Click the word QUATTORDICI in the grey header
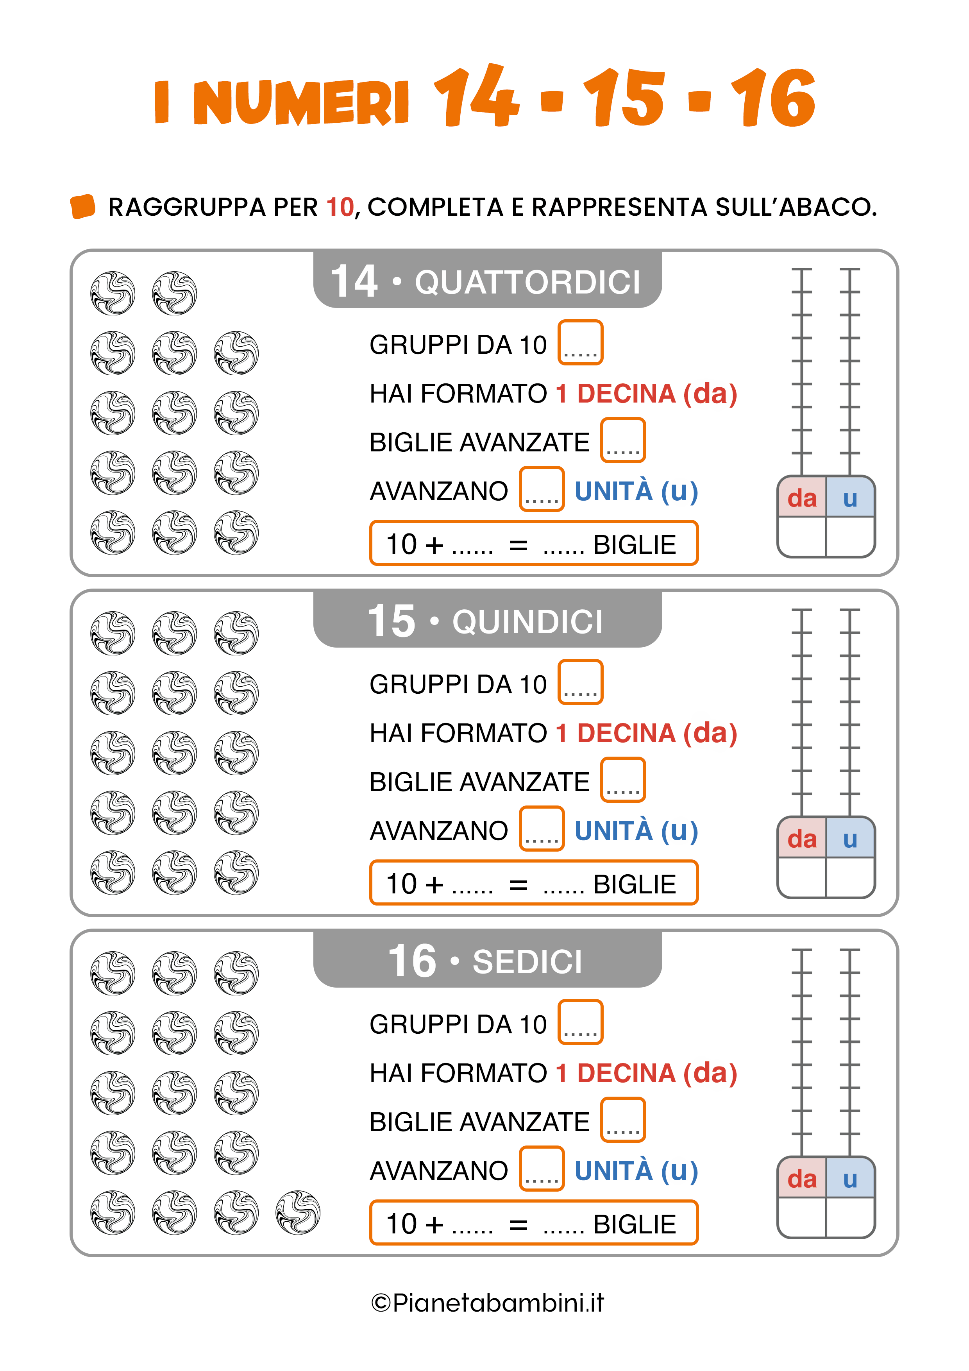point(527,282)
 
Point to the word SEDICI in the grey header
point(527,961)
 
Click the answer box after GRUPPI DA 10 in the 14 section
point(580,342)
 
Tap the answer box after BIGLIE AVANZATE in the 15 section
point(623,779)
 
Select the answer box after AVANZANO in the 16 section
point(542,1168)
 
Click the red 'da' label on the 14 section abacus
point(802,498)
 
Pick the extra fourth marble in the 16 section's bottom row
point(298,1212)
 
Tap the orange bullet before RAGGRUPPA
point(83,207)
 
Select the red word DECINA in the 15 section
point(626,733)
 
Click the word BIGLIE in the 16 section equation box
point(635,1224)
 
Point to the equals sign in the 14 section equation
point(518,544)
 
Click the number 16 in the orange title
point(773,97)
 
